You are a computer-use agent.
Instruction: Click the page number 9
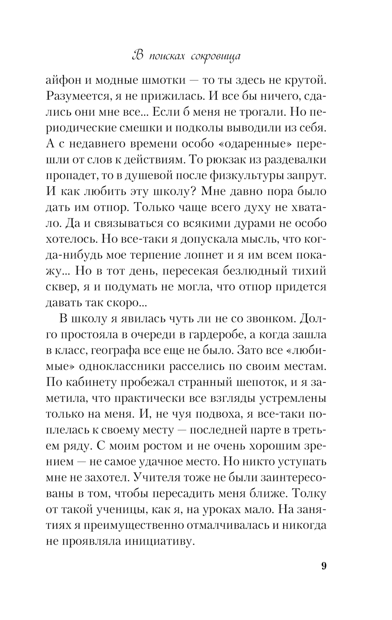(x=323, y=566)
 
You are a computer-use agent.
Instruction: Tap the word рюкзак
(x=255, y=160)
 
